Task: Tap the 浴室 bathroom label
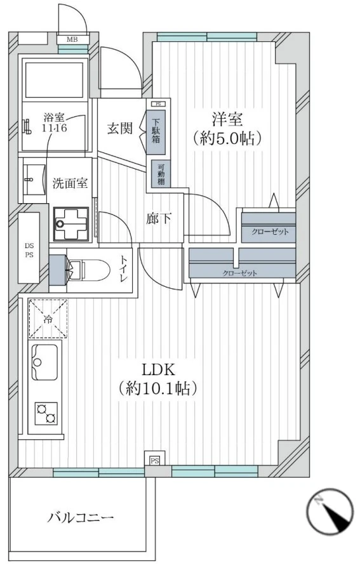click(55, 122)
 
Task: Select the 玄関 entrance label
click(119, 128)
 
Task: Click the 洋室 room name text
click(227, 119)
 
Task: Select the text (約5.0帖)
click(227, 139)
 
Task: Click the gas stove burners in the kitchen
click(45, 413)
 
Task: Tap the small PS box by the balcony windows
click(154, 460)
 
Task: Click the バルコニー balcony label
click(81, 518)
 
